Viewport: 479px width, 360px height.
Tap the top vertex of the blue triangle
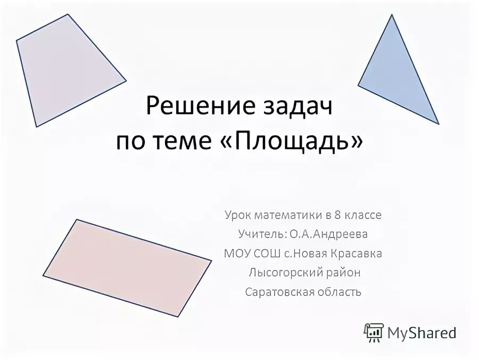click(x=392, y=15)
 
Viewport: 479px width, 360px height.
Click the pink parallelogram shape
click(x=127, y=268)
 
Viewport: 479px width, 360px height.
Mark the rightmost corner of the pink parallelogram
click(x=211, y=260)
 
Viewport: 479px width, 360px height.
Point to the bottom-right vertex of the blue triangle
click(x=439, y=124)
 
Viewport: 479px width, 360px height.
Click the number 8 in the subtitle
click(x=337, y=215)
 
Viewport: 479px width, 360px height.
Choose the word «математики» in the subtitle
click(x=288, y=215)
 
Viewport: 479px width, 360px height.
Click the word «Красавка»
click(x=358, y=253)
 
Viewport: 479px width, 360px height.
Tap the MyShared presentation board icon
click(x=374, y=333)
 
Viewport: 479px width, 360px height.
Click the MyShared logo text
click(x=422, y=333)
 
